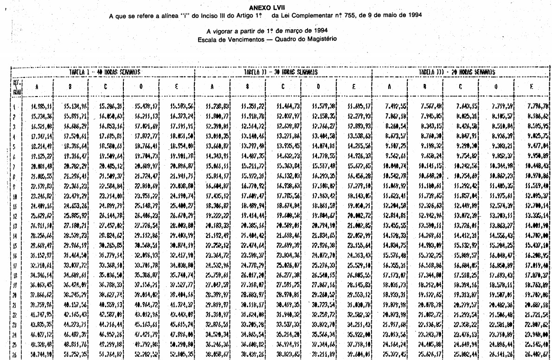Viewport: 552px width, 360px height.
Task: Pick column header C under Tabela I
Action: pyautogui.click(x=107, y=86)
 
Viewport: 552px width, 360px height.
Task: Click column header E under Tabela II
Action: pyautogui.click(x=355, y=86)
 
